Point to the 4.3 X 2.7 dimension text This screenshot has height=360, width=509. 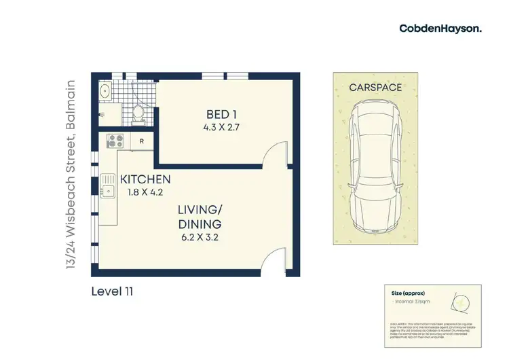click(x=223, y=126)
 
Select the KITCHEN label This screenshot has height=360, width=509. click(x=145, y=179)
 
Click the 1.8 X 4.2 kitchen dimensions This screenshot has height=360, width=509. click(x=145, y=192)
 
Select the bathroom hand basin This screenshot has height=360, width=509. click(x=105, y=90)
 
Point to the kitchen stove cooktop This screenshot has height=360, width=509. click(x=114, y=142)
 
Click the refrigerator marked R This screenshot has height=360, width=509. click(x=141, y=142)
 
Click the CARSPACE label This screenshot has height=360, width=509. click(x=375, y=88)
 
